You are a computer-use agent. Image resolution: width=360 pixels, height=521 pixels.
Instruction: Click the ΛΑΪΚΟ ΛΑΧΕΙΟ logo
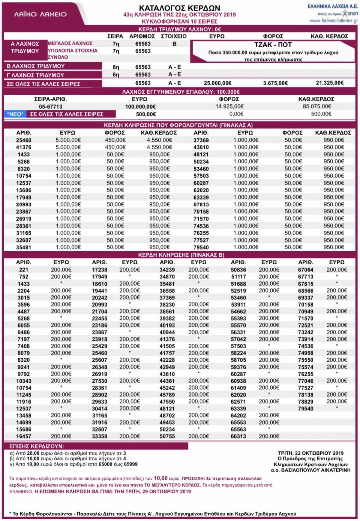(40, 14)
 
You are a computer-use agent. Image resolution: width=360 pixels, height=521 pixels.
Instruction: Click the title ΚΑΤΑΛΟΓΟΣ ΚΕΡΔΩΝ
(180, 7)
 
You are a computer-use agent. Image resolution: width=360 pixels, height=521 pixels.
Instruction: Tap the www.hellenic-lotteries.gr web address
(333, 21)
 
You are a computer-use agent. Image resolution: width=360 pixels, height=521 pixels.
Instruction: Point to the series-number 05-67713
(50, 106)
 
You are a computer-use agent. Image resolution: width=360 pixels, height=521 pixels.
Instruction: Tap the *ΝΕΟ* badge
(15, 114)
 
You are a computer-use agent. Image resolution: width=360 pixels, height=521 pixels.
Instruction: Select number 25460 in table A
(24, 140)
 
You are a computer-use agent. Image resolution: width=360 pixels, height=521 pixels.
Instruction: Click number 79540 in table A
(201, 247)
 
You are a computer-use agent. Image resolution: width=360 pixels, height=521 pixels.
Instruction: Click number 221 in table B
(24, 269)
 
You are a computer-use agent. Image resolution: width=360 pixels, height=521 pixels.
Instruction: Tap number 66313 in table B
(238, 436)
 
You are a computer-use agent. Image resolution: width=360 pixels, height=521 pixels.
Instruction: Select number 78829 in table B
(306, 401)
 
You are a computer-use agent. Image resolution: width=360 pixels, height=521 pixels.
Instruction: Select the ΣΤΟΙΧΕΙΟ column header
(174, 36)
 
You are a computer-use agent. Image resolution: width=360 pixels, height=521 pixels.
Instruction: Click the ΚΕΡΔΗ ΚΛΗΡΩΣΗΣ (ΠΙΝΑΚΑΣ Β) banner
(181, 255)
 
